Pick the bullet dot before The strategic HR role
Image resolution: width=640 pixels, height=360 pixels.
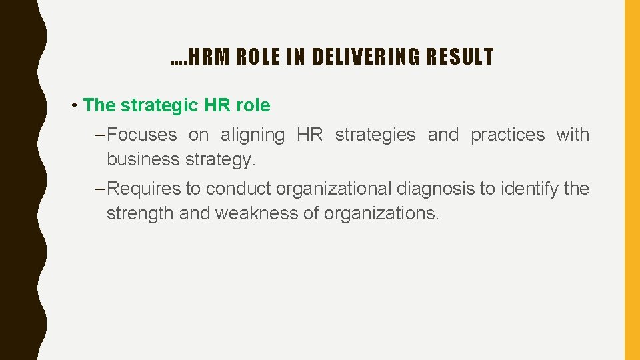point(77,106)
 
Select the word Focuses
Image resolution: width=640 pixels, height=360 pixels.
point(142,135)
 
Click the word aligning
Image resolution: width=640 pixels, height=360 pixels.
point(253,135)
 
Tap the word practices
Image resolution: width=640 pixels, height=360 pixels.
point(507,135)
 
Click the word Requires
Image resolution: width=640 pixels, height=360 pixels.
point(143,189)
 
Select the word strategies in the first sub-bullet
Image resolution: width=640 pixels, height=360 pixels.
point(375,135)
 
